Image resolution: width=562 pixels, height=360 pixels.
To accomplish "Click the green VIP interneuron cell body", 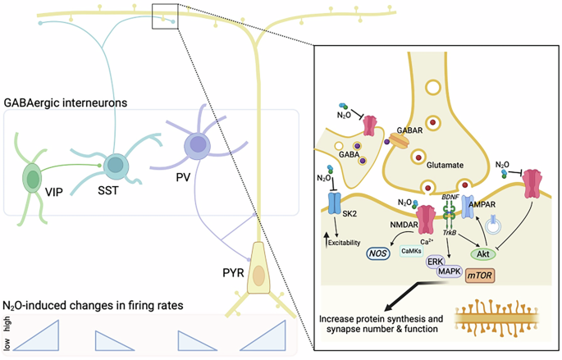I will click(32, 178).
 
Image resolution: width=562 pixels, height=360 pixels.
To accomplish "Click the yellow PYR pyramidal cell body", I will click(258, 276).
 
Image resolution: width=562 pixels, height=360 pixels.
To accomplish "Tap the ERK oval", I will click(436, 262).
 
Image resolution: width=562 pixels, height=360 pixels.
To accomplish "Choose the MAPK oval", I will click(448, 272).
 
